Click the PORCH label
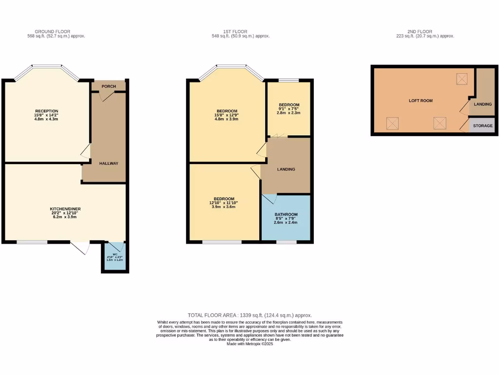tap(109, 86)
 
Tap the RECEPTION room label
tap(47, 111)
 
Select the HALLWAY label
tap(109, 163)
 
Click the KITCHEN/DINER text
tap(65, 208)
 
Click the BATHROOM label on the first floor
tap(286, 214)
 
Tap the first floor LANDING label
tap(286, 169)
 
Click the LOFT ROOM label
tap(421, 101)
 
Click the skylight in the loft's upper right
tap(461, 78)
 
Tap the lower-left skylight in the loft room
tap(392, 123)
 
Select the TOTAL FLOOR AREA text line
tap(249, 315)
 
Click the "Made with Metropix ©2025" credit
tap(249, 344)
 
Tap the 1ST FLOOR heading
tap(240, 31)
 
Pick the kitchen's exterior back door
tap(79, 247)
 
